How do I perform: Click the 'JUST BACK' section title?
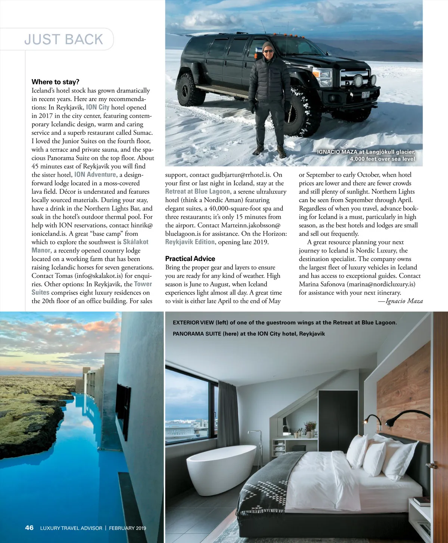click(x=63, y=40)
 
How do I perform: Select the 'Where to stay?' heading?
click(x=55, y=82)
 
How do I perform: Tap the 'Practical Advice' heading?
click(x=190, y=258)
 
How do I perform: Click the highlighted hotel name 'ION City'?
click(x=97, y=107)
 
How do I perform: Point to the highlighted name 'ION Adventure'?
click(x=95, y=174)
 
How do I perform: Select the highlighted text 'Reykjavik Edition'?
click(x=190, y=242)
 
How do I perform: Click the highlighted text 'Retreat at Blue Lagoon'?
click(x=197, y=192)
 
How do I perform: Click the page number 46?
click(x=29, y=528)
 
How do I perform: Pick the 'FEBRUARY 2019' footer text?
click(x=127, y=528)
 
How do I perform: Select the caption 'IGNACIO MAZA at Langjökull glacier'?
click(x=365, y=152)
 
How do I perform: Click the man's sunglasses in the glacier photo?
click(x=268, y=51)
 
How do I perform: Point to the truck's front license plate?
click(x=365, y=94)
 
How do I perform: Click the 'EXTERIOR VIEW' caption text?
click(x=193, y=322)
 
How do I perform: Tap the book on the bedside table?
click(x=422, y=501)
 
